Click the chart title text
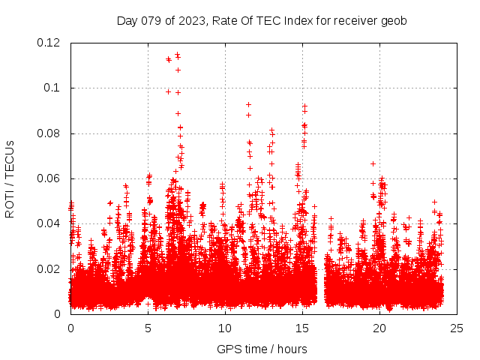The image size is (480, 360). click(262, 21)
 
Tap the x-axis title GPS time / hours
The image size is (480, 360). click(262, 349)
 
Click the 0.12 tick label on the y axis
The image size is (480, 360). click(51, 43)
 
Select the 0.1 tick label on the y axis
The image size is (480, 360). click(54, 88)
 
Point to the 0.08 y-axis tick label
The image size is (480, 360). click(51, 133)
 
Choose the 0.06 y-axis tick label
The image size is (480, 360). click(51, 178)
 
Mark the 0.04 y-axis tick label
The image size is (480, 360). click(51, 223)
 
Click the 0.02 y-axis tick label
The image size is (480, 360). click(51, 268)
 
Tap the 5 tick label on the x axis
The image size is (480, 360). click(148, 328)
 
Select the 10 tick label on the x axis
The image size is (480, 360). click(225, 328)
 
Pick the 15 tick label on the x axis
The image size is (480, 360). click(302, 328)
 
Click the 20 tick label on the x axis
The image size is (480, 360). click(379, 328)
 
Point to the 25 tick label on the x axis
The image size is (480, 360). click(457, 328)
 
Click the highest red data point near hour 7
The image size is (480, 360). click(177, 55)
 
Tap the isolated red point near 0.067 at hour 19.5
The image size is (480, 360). click(373, 163)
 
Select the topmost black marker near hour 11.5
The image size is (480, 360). click(248, 104)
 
